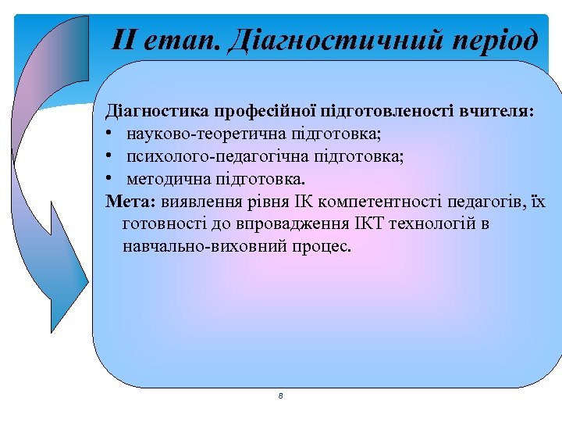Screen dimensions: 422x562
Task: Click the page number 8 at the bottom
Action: (x=280, y=396)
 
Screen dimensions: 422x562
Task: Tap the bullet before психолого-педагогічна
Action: (x=111, y=157)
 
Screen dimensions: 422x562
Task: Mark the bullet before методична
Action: (x=111, y=179)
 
